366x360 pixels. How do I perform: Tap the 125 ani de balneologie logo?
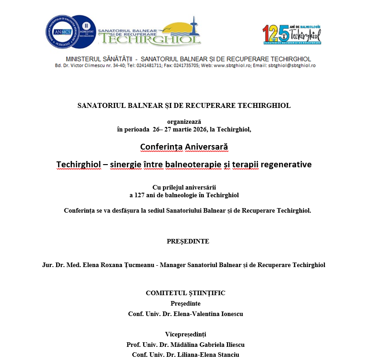292,34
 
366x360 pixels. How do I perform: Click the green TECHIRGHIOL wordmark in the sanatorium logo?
150,39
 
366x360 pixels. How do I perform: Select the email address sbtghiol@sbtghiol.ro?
292,66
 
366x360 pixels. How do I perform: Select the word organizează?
183,122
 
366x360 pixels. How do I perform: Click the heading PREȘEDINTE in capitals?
188,241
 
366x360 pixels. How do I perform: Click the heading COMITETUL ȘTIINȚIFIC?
185,293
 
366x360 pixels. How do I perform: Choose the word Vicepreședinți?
185,334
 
